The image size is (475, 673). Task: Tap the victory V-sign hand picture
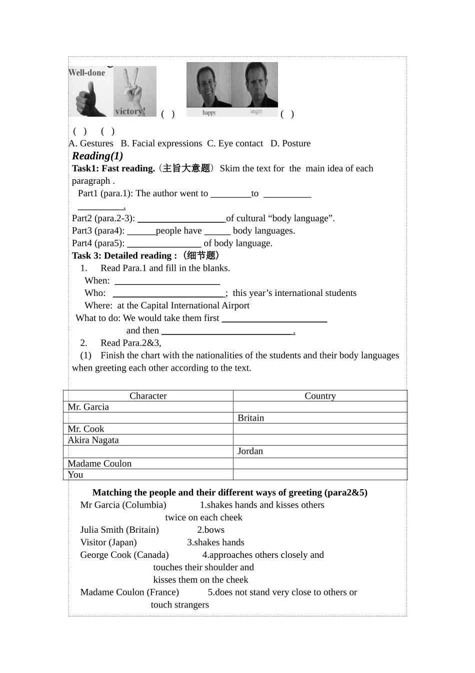[134, 91]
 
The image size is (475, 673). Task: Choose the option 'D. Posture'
[290, 144]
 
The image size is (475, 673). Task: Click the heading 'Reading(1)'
[97, 156]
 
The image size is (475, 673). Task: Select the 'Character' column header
[148, 396]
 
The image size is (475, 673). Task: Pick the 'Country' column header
[320, 396]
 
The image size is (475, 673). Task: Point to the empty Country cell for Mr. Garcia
[320, 407]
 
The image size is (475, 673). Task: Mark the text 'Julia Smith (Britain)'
[119, 530]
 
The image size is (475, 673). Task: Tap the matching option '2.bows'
[210, 530]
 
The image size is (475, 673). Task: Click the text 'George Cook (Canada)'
[124, 555]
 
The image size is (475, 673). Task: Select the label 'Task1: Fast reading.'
[113, 169]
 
